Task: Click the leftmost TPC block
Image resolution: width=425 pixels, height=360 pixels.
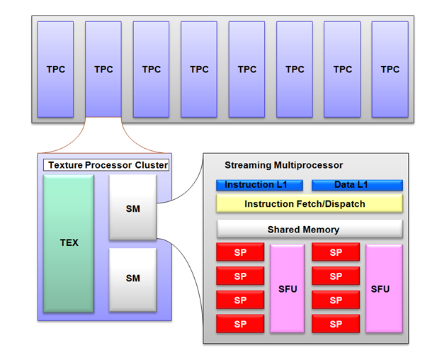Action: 55,69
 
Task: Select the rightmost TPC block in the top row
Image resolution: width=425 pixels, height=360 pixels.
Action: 390,69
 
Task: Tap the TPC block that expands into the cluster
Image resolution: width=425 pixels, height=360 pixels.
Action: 103,69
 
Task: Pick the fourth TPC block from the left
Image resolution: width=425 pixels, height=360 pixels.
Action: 199,69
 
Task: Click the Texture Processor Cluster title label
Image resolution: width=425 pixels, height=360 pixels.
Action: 107,165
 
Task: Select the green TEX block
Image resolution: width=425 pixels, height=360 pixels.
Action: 69,242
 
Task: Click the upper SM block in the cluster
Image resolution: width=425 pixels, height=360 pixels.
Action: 132,208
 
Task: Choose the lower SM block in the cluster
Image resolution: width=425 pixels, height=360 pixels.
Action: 132,279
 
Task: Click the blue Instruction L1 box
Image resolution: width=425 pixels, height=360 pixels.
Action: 259,185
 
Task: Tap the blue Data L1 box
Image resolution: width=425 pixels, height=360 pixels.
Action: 357,185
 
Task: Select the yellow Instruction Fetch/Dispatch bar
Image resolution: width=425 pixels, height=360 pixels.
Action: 309,204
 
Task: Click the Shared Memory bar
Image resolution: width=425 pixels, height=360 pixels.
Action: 309,230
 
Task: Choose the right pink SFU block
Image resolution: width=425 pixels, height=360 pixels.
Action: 383,288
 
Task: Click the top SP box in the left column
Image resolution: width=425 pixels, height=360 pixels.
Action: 239,252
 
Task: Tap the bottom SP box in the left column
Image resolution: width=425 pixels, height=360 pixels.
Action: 239,324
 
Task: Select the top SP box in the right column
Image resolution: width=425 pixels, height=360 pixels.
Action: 335,252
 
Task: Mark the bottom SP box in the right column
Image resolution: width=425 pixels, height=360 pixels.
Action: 335,324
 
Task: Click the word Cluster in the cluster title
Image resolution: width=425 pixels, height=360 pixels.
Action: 152,165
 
